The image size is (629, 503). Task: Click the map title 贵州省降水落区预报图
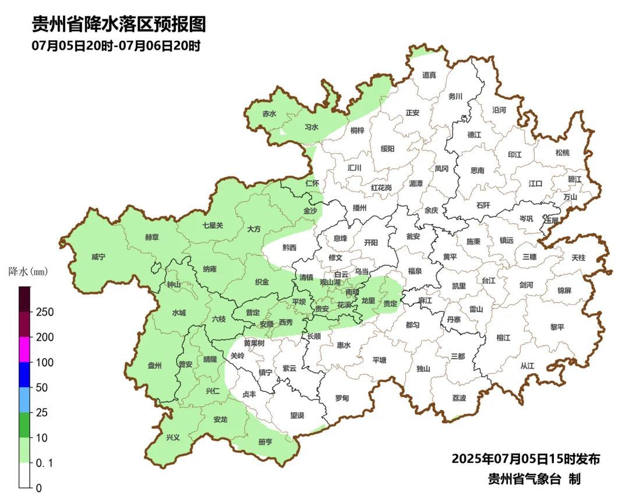coord(118,24)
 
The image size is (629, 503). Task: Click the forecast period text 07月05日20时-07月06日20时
coord(116,46)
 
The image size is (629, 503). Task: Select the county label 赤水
coord(269,114)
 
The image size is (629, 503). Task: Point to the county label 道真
coord(429,75)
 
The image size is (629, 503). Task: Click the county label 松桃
coord(562,153)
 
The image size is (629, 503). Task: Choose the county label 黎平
coord(557,327)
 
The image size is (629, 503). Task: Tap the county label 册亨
coord(265,442)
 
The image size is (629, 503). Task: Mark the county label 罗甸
coord(342,398)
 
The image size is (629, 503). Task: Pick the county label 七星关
coord(213,225)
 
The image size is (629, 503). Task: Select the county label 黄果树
coord(254,343)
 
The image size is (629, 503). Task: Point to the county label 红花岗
coord(381,187)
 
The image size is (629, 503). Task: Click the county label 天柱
coord(578,257)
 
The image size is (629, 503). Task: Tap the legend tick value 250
coord(44,312)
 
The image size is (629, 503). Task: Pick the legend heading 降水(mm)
coord(28,271)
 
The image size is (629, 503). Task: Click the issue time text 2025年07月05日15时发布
coord(525,459)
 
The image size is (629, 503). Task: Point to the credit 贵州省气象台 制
coord(534,479)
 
